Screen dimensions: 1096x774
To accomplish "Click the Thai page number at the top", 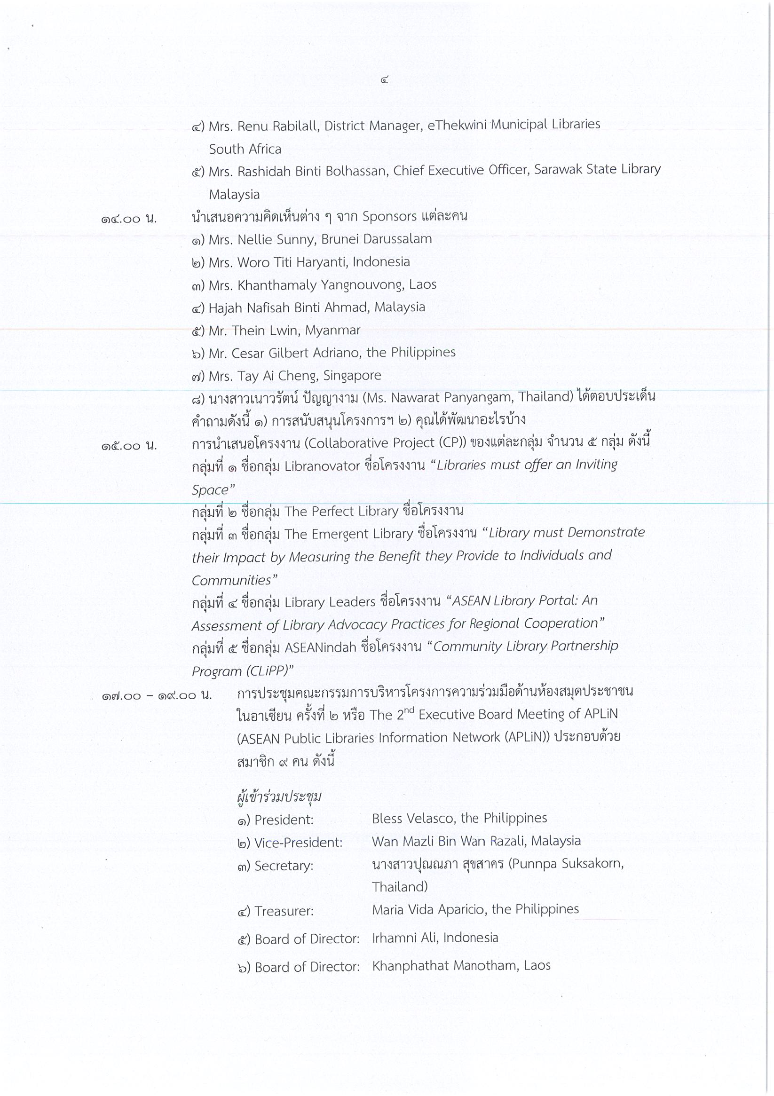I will point(384,80).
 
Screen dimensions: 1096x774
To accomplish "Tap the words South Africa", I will point(245,149).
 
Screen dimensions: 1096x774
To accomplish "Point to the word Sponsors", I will point(389,216).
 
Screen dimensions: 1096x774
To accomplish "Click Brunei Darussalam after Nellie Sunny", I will point(376,239).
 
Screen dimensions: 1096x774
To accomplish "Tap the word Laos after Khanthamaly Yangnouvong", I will point(423,284).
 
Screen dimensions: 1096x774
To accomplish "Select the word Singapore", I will point(352,376).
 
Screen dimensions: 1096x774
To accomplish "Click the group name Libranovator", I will point(322,466).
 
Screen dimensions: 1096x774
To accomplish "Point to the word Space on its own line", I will point(210,490).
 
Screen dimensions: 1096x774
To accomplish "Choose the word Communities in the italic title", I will point(231,580).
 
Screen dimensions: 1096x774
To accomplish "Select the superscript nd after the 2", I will point(409,710).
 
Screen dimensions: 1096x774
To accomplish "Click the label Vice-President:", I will point(298,843).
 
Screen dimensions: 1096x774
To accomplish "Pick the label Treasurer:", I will point(284,911).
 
